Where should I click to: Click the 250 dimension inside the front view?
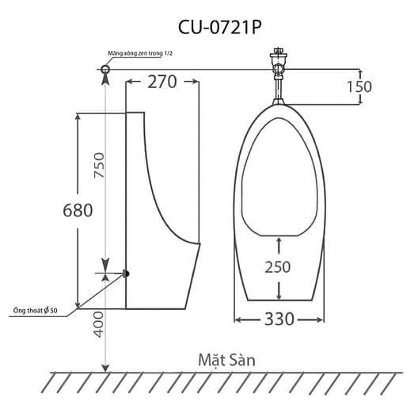(x=276, y=267)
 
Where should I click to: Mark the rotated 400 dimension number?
(x=99, y=323)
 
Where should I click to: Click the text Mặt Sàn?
(x=226, y=359)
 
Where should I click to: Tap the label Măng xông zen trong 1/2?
(x=141, y=54)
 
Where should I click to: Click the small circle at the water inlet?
(x=106, y=71)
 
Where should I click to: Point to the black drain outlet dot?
(x=125, y=274)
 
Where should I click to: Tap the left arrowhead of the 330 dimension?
(x=238, y=320)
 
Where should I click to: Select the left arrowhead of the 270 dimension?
(x=130, y=81)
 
